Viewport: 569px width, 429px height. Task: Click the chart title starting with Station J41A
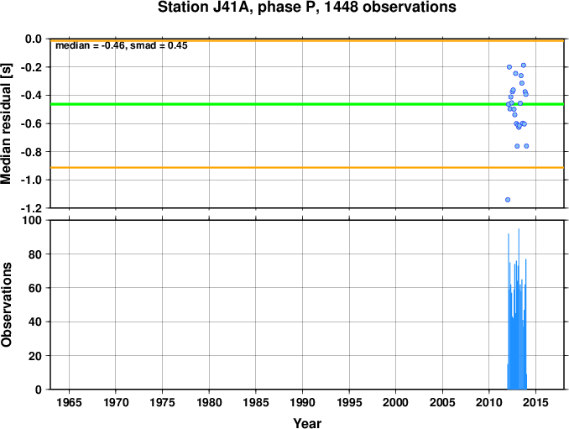click(306, 8)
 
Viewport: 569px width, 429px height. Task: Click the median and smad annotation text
click(122, 45)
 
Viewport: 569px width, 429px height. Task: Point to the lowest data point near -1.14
click(508, 200)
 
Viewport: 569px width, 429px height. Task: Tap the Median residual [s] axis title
click(6, 124)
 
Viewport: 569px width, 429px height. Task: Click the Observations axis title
click(6, 305)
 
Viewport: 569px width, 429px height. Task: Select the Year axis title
click(307, 423)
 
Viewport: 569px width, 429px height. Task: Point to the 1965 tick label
click(69, 402)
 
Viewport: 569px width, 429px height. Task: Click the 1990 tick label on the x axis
click(302, 402)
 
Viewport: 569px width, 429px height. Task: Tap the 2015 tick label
click(535, 402)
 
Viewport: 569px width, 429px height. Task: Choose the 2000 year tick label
click(395, 402)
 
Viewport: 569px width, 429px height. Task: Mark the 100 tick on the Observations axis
click(32, 220)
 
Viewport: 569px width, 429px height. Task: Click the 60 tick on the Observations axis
click(35, 288)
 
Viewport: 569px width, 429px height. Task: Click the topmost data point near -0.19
click(524, 65)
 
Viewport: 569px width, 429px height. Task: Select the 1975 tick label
click(162, 402)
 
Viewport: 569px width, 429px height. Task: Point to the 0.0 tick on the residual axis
click(34, 39)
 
